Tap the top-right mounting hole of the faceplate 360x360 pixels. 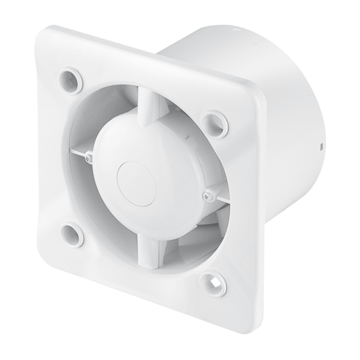[x=215, y=120]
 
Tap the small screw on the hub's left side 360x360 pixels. [x=90, y=156]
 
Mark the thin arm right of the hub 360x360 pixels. [x=220, y=198]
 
